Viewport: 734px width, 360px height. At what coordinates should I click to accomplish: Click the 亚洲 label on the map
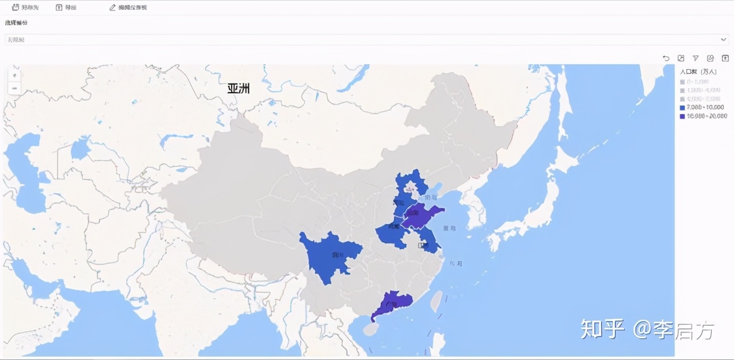tap(239, 89)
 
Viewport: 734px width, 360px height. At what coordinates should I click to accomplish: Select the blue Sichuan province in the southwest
tap(330, 256)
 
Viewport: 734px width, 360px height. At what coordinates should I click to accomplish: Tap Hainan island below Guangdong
tap(372, 329)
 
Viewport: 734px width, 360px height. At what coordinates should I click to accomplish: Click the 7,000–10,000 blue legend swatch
tap(682, 107)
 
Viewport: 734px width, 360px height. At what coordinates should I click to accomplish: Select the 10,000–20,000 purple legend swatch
tap(682, 116)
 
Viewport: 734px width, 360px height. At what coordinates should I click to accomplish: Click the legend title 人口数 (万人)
tap(698, 72)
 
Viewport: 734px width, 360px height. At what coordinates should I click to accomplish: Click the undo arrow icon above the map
tap(666, 58)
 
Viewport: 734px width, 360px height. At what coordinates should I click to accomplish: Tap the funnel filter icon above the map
tap(696, 58)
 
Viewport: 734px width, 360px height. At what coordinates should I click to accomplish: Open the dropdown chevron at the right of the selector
tap(724, 39)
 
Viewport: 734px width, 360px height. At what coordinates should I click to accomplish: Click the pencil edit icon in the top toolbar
tap(112, 7)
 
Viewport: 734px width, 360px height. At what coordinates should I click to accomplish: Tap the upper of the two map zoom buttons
tap(15, 75)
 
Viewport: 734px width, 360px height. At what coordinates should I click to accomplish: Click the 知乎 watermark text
tap(602, 329)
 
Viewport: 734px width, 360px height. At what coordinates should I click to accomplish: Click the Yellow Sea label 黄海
tap(450, 228)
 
